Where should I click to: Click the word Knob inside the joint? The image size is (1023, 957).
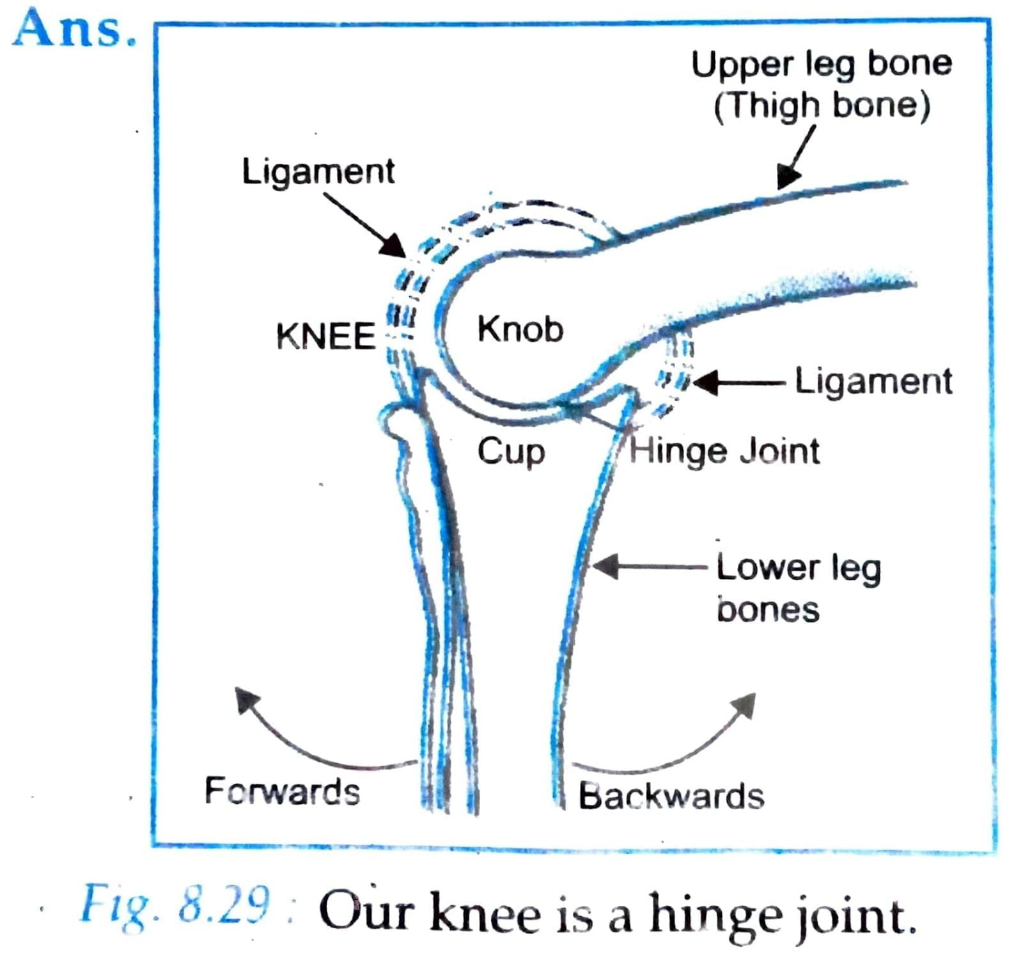tap(520, 329)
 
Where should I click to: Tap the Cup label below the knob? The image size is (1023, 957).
tap(510, 452)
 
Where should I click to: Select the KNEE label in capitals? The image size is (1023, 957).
tap(325, 336)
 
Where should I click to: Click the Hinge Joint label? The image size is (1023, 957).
tap(724, 451)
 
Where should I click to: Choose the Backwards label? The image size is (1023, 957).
tap(671, 796)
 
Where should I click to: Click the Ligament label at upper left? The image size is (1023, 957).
tap(318, 171)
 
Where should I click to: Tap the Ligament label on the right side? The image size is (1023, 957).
tap(873, 382)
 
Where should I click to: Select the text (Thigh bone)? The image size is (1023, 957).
tap(822, 106)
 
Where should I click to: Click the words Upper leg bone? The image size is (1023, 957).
tap(822, 64)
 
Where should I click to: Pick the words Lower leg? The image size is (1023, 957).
tap(798, 568)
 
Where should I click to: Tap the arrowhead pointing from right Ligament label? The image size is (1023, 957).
tap(704, 383)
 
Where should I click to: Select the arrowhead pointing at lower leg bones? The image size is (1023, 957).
tap(605, 566)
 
